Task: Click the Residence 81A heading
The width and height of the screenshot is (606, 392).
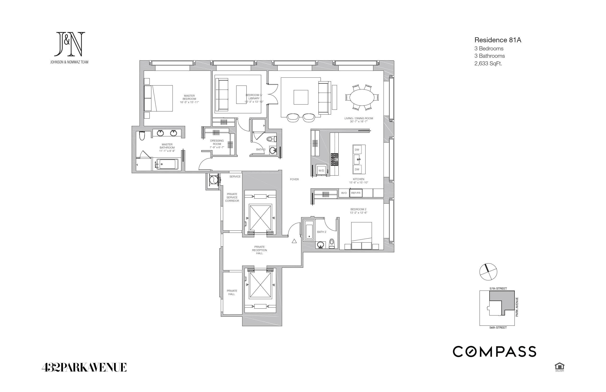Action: tap(498, 40)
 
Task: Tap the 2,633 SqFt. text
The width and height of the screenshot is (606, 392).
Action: tap(488, 64)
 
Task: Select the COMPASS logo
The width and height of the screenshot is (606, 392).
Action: tap(494, 352)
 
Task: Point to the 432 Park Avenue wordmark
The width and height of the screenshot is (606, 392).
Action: tap(84, 367)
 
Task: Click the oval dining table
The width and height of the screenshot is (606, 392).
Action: tap(362, 97)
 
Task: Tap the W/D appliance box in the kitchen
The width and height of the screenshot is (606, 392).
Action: tap(321, 171)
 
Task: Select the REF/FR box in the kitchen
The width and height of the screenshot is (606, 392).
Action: tap(356, 193)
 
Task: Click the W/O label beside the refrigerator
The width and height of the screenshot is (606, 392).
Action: tap(344, 193)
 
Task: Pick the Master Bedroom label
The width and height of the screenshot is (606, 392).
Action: tap(189, 99)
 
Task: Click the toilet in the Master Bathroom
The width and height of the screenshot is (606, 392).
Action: tap(142, 136)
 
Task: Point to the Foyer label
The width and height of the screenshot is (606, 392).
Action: tap(294, 179)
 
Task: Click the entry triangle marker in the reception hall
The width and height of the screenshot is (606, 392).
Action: tap(294, 241)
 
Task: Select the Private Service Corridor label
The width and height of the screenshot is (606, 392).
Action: tap(232, 197)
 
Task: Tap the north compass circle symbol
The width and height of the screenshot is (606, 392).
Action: tap(488, 272)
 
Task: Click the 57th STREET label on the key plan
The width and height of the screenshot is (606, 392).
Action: tap(498, 288)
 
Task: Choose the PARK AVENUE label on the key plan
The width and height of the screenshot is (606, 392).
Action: tap(517, 307)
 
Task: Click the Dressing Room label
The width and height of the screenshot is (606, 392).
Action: tap(217, 144)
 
